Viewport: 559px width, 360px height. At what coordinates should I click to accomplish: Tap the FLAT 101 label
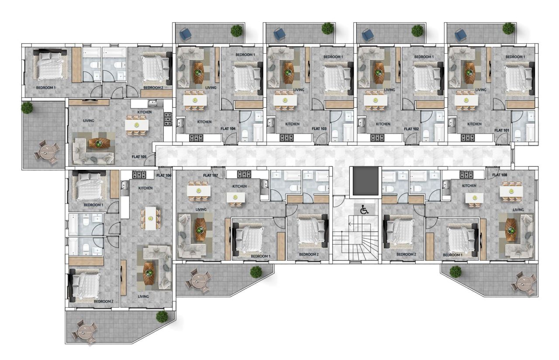click(x=501, y=130)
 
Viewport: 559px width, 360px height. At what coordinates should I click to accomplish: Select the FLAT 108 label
click(x=500, y=175)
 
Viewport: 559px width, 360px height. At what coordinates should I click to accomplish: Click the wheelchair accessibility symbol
click(x=364, y=209)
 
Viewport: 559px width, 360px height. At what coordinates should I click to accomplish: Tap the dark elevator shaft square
click(x=364, y=181)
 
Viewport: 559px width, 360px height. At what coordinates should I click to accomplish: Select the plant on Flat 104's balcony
click(x=236, y=31)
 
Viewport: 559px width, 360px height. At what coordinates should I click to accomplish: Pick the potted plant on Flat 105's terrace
click(x=27, y=107)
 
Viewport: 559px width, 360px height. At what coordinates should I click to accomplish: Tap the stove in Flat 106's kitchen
click(x=139, y=175)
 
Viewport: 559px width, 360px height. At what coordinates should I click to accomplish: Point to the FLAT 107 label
click(x=210, y=175)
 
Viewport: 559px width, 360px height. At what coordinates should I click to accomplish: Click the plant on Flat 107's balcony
click(x=256, y=272)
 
